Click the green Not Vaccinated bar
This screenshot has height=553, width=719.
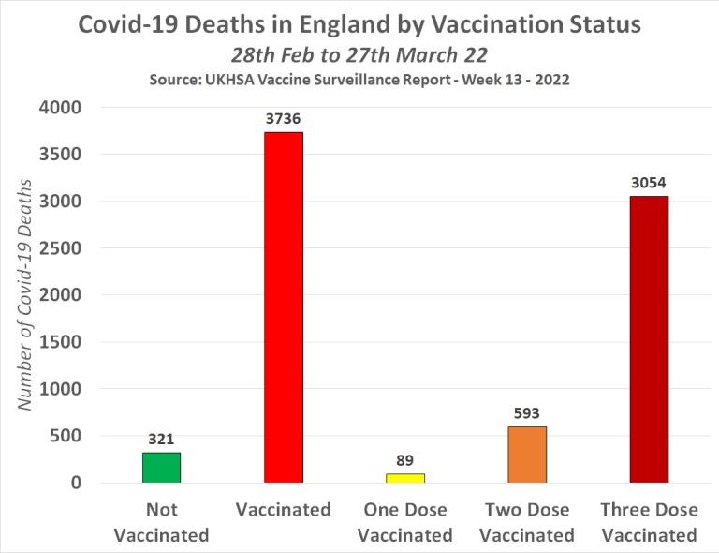pyautogui.click(x=161, y=468)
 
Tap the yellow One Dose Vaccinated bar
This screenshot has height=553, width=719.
pyautogui.click(x=404, y=478)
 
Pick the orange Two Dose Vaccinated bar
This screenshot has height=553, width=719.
pyautogui.click(x=527, y=455)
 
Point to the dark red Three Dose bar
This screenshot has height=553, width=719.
pyautogui.click(x=649, y=339)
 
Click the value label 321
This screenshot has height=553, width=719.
pyautogui.click(x=161, y=438)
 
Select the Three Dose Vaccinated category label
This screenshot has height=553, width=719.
pyautogui.click(x=649, y=523)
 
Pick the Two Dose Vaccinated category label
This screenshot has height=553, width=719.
pyautogui.click(x=527, y=523)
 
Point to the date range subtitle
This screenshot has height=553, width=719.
pyautogui.click(x=359, y=54)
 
